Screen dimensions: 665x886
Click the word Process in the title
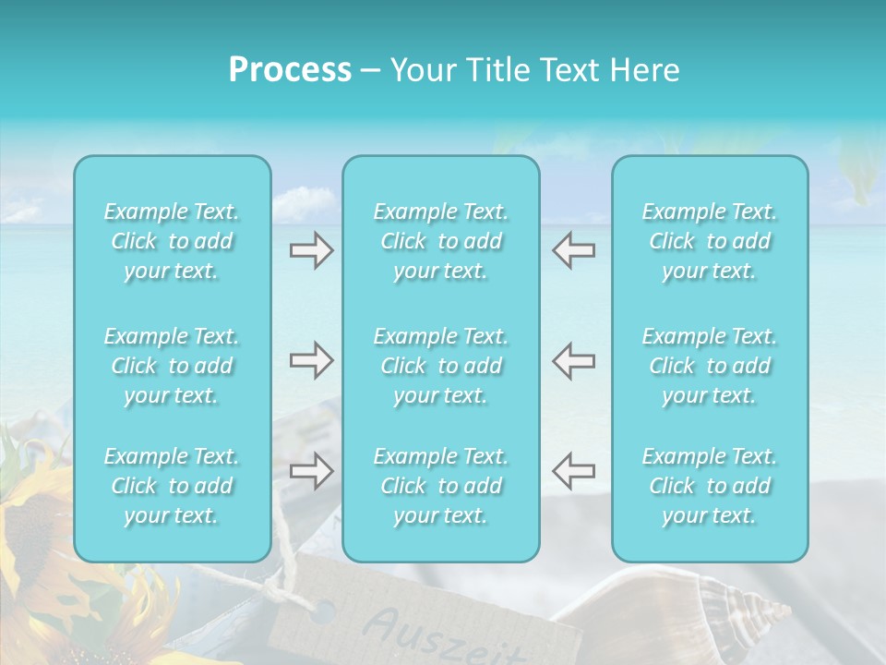(290, 70)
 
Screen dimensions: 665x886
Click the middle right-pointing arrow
(312, 360)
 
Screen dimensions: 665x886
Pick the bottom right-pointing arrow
(312, 470)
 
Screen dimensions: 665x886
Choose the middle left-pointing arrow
(573, 360)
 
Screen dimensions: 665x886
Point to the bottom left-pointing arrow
(573, 470)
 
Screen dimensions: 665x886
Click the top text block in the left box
(172, 241)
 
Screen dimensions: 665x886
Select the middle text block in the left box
(172, 366)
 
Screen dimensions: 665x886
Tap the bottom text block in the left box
(172, 486)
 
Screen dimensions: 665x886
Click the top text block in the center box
(441, 241)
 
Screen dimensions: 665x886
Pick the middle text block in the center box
(441, 366)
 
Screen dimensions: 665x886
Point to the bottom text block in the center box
(441, 486)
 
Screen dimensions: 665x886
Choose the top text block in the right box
(710, 241)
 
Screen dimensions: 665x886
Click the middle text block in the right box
(710, 366)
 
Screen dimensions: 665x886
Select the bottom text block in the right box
(710, 486)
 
